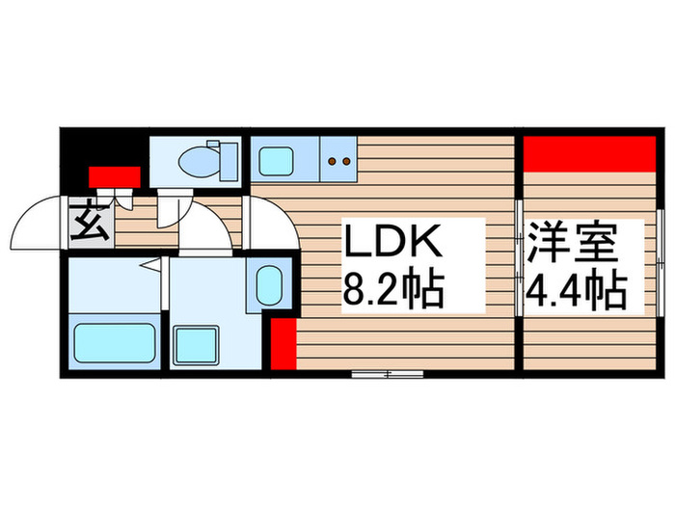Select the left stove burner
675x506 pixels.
tap(332, 162)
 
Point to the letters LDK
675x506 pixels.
tap(392, 241)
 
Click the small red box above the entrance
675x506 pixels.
tap(115, 176)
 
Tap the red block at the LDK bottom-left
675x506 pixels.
tap(283, 345)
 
